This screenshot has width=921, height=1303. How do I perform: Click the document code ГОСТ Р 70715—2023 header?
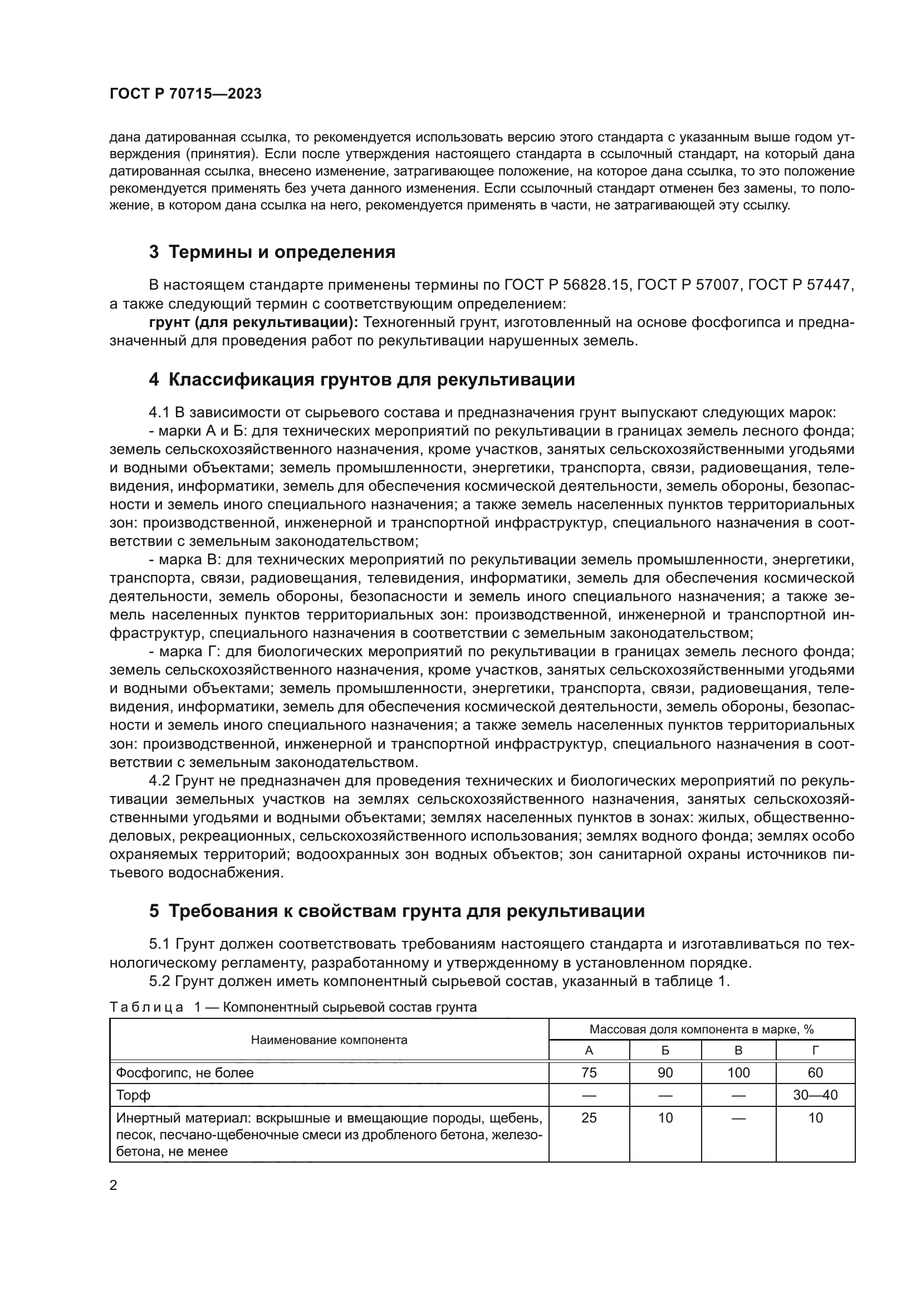(x=185, y=94)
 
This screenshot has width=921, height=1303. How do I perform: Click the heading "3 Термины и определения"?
(x=272, y=252)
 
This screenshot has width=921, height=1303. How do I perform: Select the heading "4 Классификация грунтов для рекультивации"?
(x=362, y=380)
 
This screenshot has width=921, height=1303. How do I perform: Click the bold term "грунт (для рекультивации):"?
(x=253, y=323)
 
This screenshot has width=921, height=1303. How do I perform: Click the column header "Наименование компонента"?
(x=329, y=1040)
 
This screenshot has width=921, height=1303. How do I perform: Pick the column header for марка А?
(x=589, y=1051)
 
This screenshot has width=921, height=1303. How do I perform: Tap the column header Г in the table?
(x=815, y=1051)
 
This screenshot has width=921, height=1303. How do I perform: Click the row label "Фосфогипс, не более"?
(x=185, y=1072)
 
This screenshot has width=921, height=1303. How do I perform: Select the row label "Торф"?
(x=133, y=1095)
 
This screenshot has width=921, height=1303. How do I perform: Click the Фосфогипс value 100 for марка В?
(x=738, y=1072)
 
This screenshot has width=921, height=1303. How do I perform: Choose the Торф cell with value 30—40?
(x=815, y=1095)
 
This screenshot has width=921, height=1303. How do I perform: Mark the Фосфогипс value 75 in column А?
(x=589, y=1072)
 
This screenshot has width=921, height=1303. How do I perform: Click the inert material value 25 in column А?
(x=589, y=1117)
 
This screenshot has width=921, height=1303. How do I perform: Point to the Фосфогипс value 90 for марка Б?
(x=665, y=1072)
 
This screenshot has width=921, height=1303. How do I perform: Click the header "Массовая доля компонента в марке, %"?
(x=702, y=1029)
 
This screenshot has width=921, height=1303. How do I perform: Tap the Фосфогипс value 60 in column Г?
(x=815, y=1072)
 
